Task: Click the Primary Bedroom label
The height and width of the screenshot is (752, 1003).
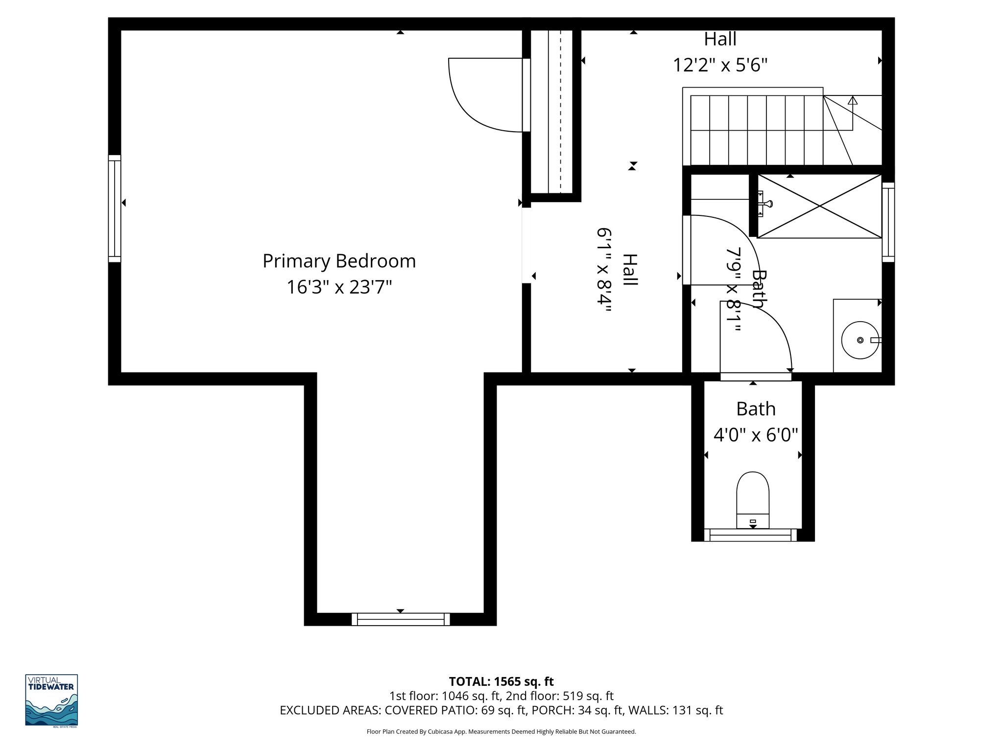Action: click(x=339, y=261)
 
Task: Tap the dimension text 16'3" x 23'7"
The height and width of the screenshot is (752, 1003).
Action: click(x=339, y=287)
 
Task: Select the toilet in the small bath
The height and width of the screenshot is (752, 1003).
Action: click(x=753, y=499)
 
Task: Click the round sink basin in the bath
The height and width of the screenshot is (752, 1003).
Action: click(x=860, y=340)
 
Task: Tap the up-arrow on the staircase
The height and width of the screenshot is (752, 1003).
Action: click(x=853, y=101)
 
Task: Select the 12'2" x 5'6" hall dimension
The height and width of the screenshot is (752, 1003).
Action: click(x=720, y=65)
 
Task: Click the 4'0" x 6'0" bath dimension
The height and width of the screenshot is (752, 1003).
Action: click(x=756, y=434)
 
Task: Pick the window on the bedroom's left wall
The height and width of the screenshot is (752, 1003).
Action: click(x=114, y=209)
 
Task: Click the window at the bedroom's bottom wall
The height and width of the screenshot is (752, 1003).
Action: click(x=400, y=619)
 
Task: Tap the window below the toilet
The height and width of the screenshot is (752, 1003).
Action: click(x=753, y=535)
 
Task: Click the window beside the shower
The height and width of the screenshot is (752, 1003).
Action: click(x=888, y=222)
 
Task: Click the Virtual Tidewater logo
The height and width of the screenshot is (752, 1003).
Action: click(x=51, y=700)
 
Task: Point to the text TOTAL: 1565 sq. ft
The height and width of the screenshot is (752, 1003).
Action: click(x=501, y=681)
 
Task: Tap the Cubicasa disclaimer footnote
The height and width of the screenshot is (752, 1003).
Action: click(x=501, y=731)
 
